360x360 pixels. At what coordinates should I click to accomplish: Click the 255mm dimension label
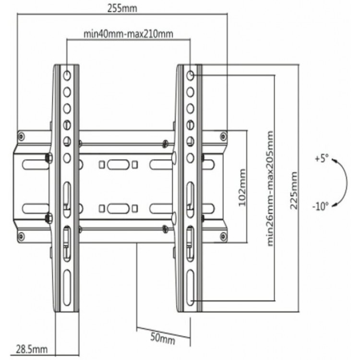(122, 9)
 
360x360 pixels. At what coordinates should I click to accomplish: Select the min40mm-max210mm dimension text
(128, 34)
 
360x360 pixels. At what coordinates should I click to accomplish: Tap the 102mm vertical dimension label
(242, 188)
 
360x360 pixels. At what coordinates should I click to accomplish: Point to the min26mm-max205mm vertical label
(270, 188)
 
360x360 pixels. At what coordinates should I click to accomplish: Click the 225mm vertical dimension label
(294, 191)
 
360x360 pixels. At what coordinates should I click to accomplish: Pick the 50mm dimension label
(163, 338)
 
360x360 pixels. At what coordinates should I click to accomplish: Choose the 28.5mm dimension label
(32, 349)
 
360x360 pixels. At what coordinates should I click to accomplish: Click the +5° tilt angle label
(322, 158)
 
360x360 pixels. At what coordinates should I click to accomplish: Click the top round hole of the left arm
(67, 75)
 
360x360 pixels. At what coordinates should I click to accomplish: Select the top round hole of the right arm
(191, 75)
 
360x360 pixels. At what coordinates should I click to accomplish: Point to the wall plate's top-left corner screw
(21, 137)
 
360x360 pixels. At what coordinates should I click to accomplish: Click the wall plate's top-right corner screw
(223, 136)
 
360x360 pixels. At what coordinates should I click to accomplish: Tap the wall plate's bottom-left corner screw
(21, 236)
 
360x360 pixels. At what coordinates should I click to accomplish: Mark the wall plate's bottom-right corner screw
(223, 236)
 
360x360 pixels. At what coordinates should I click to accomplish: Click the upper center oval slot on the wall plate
(118, 165)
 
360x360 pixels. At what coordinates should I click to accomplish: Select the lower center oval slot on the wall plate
(118, 208)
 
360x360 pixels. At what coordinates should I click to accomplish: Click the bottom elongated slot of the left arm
(67, 288)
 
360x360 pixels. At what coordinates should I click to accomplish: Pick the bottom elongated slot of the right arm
(191, 288)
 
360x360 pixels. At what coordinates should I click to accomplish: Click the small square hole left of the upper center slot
(102, 165)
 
